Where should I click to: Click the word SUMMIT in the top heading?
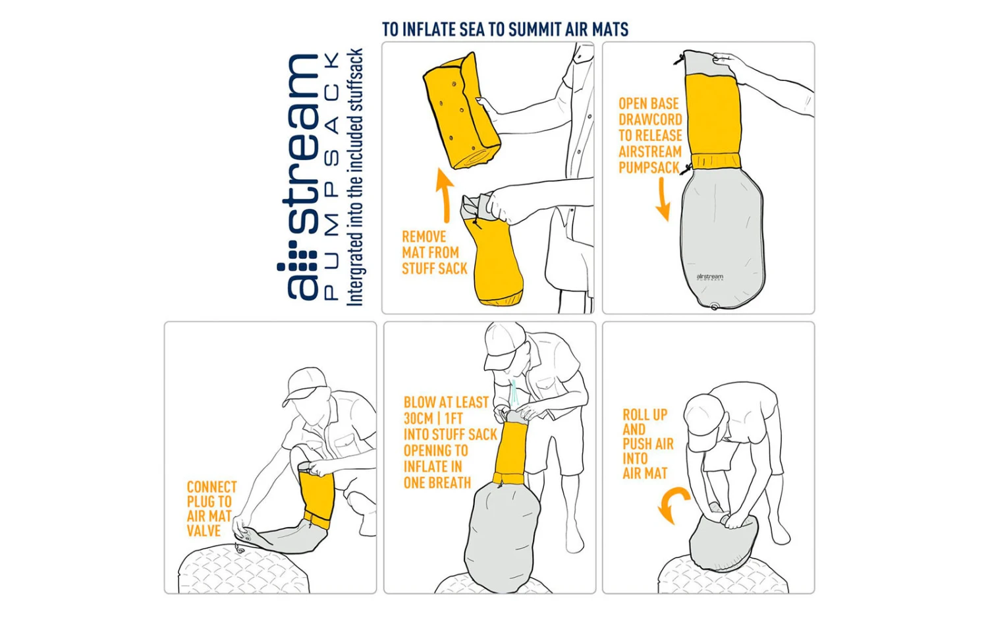click(x=535, y=29)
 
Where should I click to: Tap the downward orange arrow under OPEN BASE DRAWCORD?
click(x=663, y=200)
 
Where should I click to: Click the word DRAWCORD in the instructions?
click(x=650, y=119)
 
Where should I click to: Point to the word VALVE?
click(x=204, y=530)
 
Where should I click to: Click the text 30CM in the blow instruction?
click(x=418, y=418)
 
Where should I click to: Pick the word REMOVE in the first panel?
click(x=424, y=237)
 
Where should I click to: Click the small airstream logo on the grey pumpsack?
click(x=709, y=277)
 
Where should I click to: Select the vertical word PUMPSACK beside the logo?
click(x=332, y=176)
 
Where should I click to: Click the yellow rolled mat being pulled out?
click(x=461, y=113)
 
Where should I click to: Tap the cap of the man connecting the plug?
click(x=305, y=383)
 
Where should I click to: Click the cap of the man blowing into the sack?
click(x=503, y=343)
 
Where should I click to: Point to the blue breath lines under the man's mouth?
click(x=514, y=393)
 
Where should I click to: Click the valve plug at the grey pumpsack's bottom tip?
click(x=715, y=306)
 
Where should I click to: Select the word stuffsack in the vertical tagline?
click(x=355, y=80)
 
